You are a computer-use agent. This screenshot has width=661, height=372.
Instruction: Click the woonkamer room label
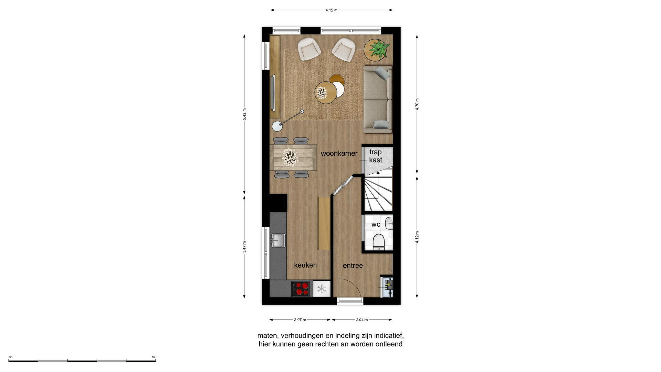(339, 153)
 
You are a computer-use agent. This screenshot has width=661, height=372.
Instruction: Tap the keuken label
(305, 265)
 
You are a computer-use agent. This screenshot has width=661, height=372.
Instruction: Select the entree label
(353, 266)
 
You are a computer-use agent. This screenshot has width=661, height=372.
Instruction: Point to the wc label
(376, 225)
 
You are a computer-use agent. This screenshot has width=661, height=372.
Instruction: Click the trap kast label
(376, 156)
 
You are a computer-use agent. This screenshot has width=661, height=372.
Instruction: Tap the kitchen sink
(278, 240)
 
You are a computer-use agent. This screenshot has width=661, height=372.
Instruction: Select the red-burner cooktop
(301, 289)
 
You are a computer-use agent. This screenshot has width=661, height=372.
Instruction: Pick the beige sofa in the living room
(378, 100)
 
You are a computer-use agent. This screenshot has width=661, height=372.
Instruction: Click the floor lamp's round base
(277, 126)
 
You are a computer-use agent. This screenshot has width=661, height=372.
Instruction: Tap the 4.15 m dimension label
(332, 10)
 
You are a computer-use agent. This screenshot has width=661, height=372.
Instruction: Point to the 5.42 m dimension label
(244, 114)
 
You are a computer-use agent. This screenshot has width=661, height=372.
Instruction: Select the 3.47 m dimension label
(244, 247)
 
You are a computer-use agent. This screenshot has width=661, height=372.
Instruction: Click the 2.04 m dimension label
(362, 320)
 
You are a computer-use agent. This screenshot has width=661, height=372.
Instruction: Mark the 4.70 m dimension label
(417, 104)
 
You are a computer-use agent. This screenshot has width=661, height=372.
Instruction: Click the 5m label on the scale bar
(154, 357)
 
